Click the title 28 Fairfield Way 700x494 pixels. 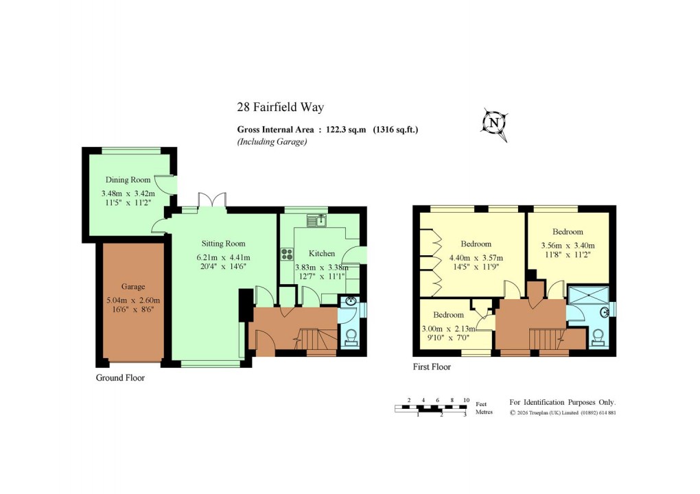pyautogui.click(x=280, y=107)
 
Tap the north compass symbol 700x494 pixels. pyautogui.click(x=493, y=123)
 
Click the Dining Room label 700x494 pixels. pyautogui.click(x=128, y=180)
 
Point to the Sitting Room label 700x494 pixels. pyautogui.click(x=223, y=244)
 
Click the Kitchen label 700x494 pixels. pyautogui.click(x=321, y=253)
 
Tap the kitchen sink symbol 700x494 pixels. pyautogui.click(x=316, y=220)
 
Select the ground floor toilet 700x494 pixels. pyautogui.click(x=350, y=338)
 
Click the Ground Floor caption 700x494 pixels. pyautogui.click(x=120, y=377)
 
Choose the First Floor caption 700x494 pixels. pyautogui.click(x=432, y=367)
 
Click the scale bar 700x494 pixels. pyautogui.click(x=430, y=409)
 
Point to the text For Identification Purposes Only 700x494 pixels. pyautogui.click(x=562, y=402)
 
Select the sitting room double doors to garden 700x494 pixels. pyautogui.click(x=211, y=200)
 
